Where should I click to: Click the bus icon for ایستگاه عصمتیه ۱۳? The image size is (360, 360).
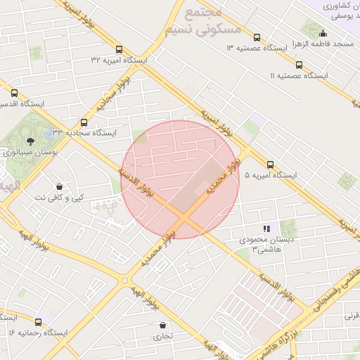click(x=257, y=38)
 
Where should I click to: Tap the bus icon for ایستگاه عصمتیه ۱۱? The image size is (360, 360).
click(x=299, y=65)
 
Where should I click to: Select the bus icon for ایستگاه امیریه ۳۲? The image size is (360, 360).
click(x=119, y=50)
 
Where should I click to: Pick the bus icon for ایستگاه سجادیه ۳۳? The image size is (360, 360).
click(x=84, y=122)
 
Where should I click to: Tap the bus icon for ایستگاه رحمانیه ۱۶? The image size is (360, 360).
click(x=12, y=317)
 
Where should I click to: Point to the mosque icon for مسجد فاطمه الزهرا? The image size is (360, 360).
click(x=323, y=32)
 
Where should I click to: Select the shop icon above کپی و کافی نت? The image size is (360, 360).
click(x=58, y=186)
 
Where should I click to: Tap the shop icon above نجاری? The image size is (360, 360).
click(x=164, y=326)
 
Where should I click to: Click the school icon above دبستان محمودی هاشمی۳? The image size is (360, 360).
click(x=266, y=229)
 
